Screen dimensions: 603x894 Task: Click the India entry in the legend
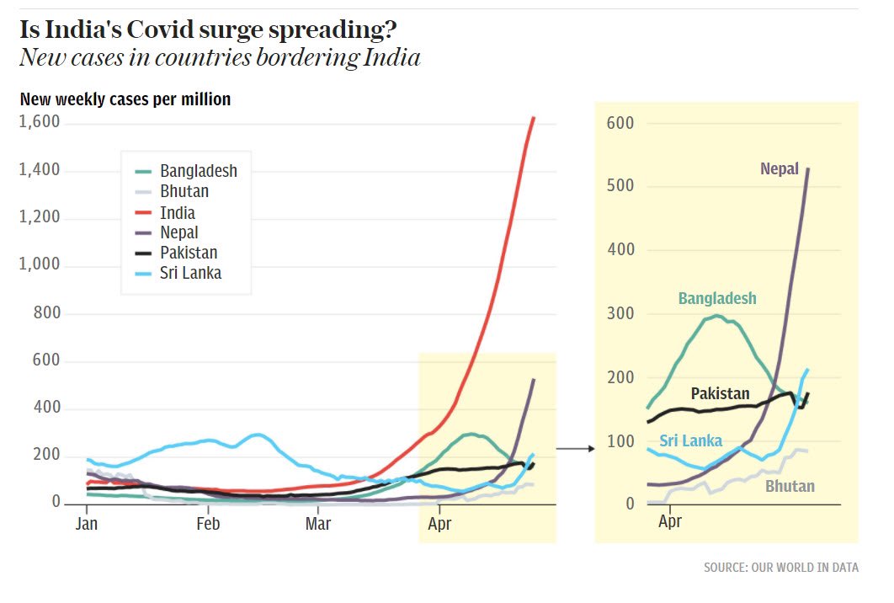[177, 212]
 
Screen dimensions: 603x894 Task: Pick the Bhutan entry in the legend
[184, 192]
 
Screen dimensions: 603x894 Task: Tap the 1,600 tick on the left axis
[39, 123]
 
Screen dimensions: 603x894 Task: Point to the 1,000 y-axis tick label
[39, 264]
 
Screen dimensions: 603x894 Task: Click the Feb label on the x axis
[208, 523]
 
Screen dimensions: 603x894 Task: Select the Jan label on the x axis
[87, 523]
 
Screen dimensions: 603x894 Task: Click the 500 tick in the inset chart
[620, 186]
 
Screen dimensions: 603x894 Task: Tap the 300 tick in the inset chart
[620, 313]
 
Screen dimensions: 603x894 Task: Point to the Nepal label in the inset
[780, 169]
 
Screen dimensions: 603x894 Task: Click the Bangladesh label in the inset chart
[717, 299]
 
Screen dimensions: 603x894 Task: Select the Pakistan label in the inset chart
[720, 393]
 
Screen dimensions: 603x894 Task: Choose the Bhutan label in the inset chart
[790, 486]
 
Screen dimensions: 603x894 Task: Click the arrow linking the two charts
[576, 449]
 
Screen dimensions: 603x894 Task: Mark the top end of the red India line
[534, 119]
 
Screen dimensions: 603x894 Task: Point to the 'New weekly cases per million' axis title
[125, 99]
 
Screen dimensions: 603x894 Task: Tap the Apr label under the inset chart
[670, 523]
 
